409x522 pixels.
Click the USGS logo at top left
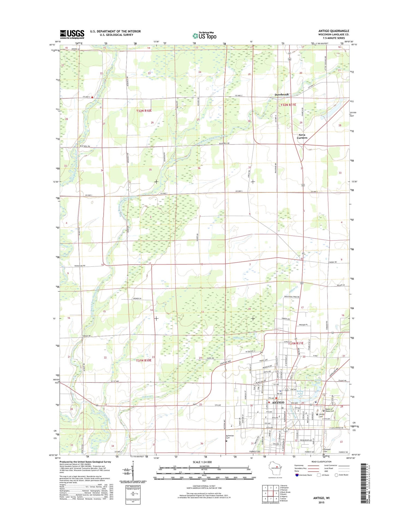pyautogui.click(x=72, y=34)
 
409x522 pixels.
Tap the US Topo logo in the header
pyautogui.click(x=204, y=35)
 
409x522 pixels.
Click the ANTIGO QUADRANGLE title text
pyautogui.click(x=333, y=31)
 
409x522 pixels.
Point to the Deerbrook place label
pyautogui.click(x=281, y=94)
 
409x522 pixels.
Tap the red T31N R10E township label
pyautogui.click(x=144, y=360)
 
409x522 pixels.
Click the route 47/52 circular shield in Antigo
pyautogui.click(x=285, y=429)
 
